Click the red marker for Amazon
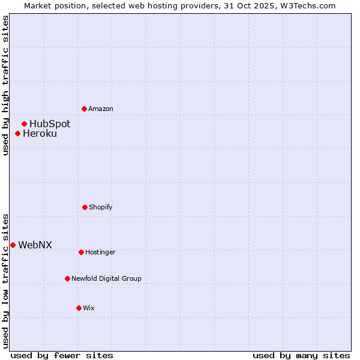click(84, 109)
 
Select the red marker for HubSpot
click(24, 124)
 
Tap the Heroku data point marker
click(17, 133)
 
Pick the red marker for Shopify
click(85, 207)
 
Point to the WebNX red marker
click(13, 245)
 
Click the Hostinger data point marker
click(81, 252)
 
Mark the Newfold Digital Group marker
click(67, 278)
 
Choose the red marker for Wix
click(79, 308)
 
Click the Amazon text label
click(101, 109)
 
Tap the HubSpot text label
click(50, 124)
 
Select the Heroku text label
click(40, 134)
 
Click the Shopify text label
click(101, 207)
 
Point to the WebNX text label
click(35, 245)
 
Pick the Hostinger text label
click(100, 252)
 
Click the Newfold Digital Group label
click(106, 278)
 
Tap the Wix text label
click(89, 308)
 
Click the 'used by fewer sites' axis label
click(62, 355)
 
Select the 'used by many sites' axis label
click(301, 355)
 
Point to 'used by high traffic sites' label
click(5, 85)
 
